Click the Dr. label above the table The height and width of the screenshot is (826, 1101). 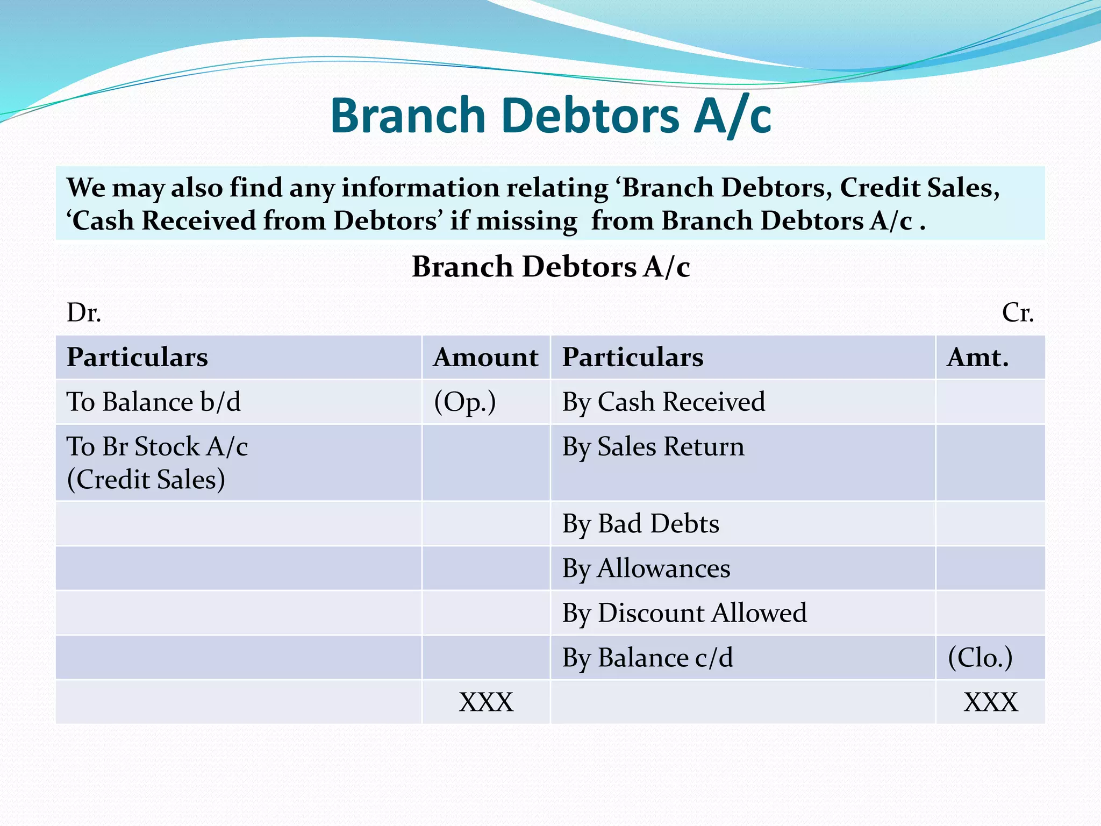(x=84, y=312)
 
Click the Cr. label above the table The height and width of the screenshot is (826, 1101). (x=1017, y=312)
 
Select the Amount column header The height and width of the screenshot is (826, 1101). (x=485, y=358)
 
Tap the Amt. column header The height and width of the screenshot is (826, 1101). (x=978, y=358)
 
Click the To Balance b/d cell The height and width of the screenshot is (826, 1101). (x=154, y=402)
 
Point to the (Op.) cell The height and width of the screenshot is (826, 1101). (x=465, y=402)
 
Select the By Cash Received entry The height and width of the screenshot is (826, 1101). (x=663, y=402)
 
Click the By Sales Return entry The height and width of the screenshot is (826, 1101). (x=653, y=446)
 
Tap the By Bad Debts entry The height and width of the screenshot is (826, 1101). (x=640, y=524)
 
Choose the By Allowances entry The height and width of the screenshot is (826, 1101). (x=646, y=568)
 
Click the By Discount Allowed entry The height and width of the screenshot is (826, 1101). (x=684, y=613)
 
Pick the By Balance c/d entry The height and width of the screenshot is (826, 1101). (x=647, y=658)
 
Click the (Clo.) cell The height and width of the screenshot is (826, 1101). (x=980, y=658)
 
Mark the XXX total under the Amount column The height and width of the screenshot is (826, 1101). (x=486, y=702)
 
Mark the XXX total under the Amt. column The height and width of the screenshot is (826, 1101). (x=990, y=702)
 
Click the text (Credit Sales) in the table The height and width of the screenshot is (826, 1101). (x=146, y=480)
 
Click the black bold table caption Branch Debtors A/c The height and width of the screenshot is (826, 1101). (x=550, y=267)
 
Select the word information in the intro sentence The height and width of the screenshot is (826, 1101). (x=421, y=188)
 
